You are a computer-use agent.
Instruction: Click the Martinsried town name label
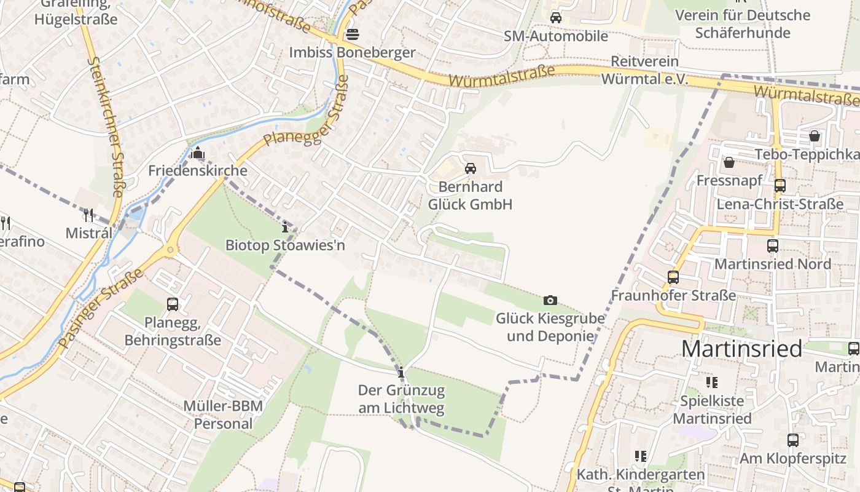point(741,349)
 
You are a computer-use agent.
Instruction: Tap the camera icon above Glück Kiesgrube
point(550,300)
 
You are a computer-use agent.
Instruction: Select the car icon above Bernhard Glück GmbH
point(471,168)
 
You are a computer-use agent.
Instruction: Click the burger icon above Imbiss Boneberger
point(353,34)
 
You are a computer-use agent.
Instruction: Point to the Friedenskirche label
point(198,170)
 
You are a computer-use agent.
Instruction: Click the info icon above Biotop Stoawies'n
point(285,227)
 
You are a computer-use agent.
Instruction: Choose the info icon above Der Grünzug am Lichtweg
point(401,372)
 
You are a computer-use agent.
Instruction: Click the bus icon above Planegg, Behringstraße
point(173,304)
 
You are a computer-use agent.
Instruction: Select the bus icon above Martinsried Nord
point(773,245)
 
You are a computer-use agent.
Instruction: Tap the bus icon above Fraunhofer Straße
point(673,277)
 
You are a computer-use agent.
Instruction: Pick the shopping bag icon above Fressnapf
point(729,162)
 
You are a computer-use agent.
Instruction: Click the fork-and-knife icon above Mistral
point(88,215)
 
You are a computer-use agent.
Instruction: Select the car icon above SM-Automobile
point(556,17)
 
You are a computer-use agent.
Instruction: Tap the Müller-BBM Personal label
point(223,415)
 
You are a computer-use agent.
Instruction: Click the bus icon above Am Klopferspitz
point(793,440)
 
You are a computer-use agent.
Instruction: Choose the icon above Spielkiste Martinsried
point(712,383)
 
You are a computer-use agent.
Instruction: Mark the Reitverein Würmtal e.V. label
point(644,70)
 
